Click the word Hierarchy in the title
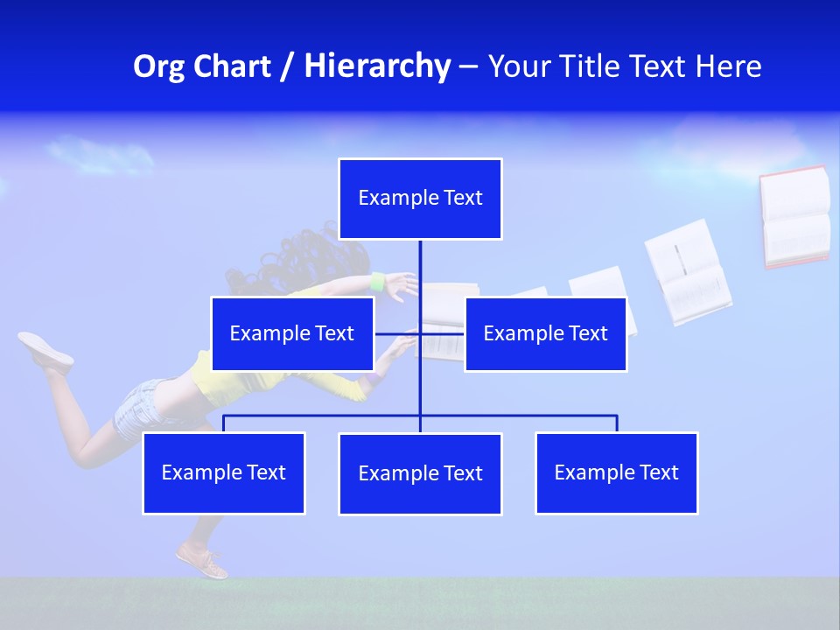coord(377,66)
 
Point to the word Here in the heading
coord(728,66)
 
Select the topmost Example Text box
coord(420,199)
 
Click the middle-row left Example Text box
coord(292,334)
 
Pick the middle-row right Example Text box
coord(545,334)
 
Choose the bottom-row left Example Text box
coord(224,473)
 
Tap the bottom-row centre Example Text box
coord(420,474)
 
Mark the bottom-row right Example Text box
coord(617,473)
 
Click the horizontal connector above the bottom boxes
coord(516,416)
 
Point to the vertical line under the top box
coord(420,271)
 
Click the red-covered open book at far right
coord(794,216)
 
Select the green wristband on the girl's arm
coord(378,283)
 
